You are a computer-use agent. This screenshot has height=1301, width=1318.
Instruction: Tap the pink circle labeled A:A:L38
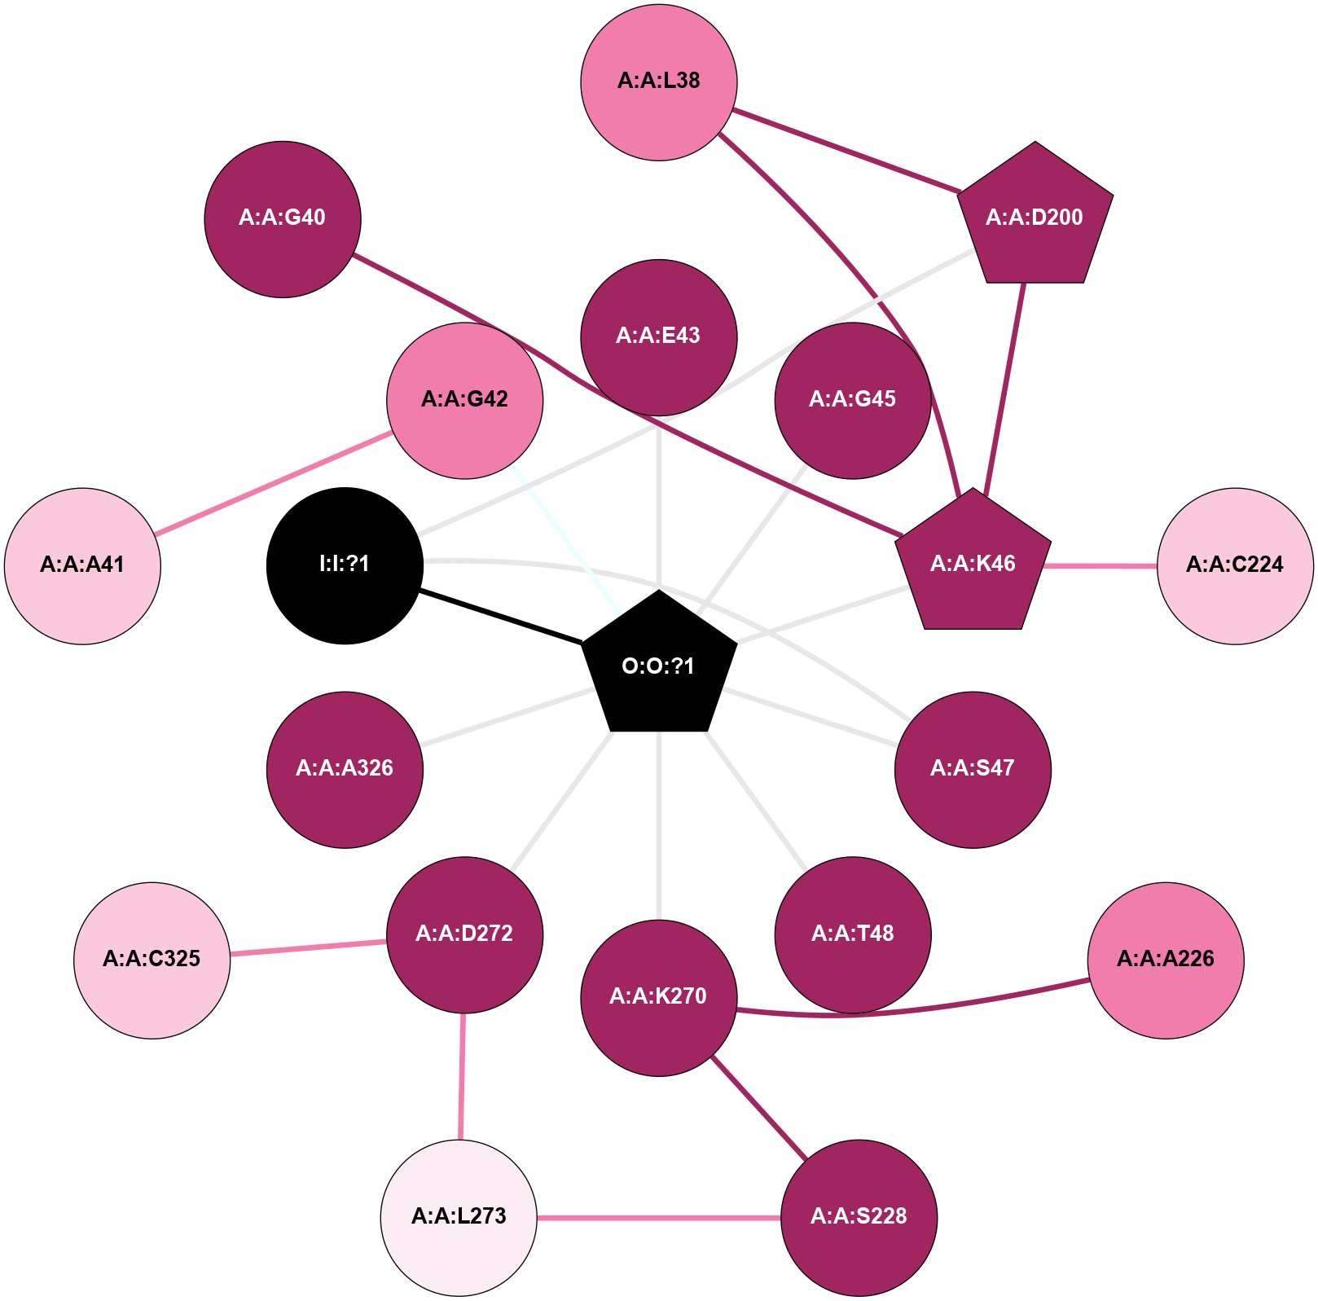[x=658, y=82]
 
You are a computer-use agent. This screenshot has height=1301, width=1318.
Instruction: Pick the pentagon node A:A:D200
[x=1035, y=218]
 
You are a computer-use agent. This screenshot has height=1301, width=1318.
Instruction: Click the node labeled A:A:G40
[x=283, y=219]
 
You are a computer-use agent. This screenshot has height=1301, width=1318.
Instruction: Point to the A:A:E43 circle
[x=658, y=337]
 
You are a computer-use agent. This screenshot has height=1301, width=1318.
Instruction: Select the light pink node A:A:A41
[x=82, y=566]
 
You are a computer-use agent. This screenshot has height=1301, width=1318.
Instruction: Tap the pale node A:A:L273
[x=459, y=1217]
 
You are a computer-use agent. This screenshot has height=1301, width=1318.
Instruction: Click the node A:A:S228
[x=859, y=1217]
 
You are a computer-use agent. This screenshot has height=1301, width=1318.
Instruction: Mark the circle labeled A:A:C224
[x=1235, y=566]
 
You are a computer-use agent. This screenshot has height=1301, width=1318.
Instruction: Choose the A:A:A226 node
[x=1166, y=960]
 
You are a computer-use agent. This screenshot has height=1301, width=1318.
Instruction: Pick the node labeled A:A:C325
[x=152, y=960]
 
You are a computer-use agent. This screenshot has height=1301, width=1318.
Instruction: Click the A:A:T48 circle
[x=853, y=934]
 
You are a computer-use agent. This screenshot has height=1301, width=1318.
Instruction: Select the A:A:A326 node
[x=345, y=770]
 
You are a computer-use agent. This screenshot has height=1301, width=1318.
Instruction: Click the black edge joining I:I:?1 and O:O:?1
[x=501, y=617]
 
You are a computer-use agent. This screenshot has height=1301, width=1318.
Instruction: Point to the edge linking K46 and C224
[x=1100, y=565]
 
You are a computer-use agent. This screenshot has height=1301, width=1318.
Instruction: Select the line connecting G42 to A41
[x=274, y=484]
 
